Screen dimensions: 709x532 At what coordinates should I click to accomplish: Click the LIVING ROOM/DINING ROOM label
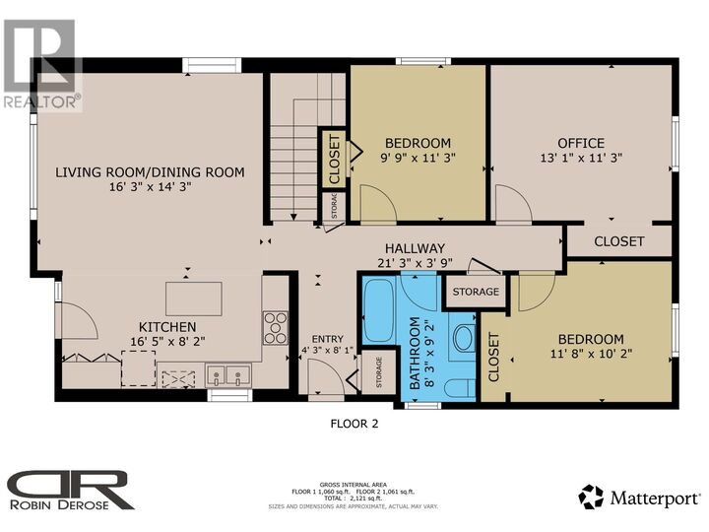(x=150, y=171)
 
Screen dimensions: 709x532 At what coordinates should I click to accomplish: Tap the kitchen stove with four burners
(x=276, y=328)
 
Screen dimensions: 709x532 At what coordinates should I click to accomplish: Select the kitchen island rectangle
(x=194, y=299)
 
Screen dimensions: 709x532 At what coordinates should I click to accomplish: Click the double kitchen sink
(x=227, y=375)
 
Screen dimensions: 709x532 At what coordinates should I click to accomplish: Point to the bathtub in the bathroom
(x=378, y=311)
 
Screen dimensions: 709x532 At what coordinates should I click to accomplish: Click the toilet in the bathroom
(x=460, y=388)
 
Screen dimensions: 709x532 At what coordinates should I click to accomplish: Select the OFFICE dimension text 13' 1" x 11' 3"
(x=581, y=158)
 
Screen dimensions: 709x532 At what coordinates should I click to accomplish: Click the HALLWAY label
(x=415, y=248)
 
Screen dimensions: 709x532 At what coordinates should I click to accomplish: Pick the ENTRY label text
(x=327, y=339)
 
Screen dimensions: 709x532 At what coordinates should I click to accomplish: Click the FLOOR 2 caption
(x=354, y=424)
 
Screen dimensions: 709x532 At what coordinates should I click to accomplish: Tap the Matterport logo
(x=639, y=498)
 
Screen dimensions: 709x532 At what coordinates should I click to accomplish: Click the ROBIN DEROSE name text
(x=59, y=504)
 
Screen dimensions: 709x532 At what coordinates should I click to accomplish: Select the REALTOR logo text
(x=42, y=101)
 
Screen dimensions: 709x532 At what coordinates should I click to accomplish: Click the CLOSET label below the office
(x=618, y=241)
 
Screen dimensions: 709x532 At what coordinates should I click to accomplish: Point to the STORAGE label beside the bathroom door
(x=476, y=292)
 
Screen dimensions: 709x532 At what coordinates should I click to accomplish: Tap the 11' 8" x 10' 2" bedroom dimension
(x=591, y=354)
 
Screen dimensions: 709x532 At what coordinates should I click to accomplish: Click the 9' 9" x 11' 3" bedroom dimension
(x=418, y=158)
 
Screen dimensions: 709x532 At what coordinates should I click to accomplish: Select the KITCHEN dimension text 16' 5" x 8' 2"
(x=167, y=341)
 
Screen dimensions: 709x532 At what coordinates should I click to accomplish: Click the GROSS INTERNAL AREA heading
(x=354, y=485)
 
